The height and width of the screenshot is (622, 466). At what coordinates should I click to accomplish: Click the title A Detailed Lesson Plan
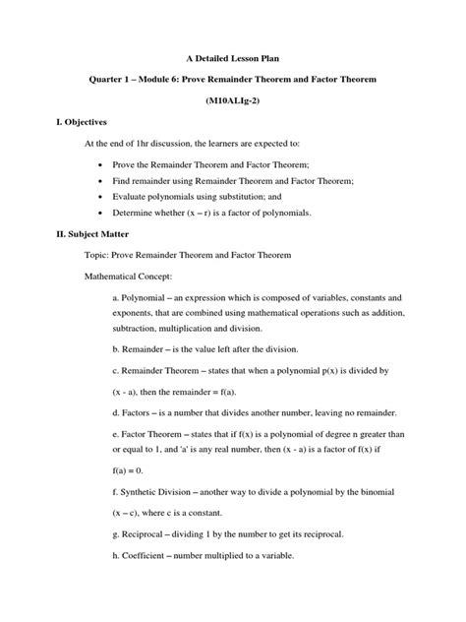(x=232, y=60)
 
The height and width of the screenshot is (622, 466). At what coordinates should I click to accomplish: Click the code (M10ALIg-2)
(x=232, y=102)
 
